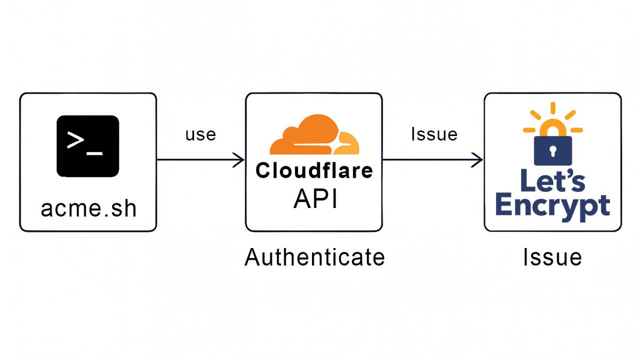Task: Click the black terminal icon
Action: point(88,146)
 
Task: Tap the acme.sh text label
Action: point(89,209)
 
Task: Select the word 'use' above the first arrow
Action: point(201,134)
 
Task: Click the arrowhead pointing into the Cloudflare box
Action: point(239,159)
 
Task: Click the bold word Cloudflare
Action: point(314,171)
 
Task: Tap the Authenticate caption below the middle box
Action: point(315,258)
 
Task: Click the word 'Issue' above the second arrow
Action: point(434,134)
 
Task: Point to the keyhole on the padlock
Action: point(553,149)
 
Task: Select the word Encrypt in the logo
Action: point(553,206)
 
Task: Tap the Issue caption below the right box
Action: point(552,258)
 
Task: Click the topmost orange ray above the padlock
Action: point(553,108)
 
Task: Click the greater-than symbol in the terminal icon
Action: point(75,140)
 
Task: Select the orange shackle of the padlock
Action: point(553,129)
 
